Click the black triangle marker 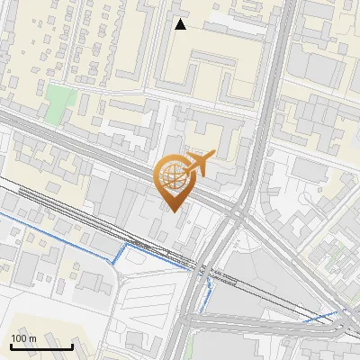(181, 24)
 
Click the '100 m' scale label (23, 337)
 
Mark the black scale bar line (41, 346)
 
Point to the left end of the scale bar (11, 346)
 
